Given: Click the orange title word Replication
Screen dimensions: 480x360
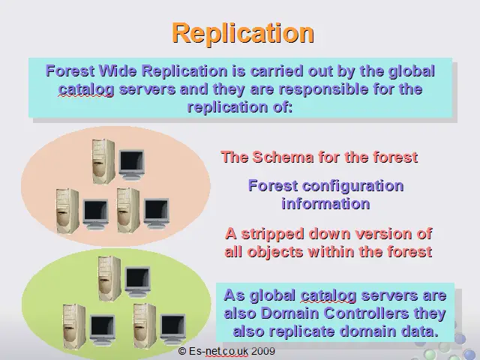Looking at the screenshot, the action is [243, 33].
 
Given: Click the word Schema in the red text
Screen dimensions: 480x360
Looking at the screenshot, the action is [283, 157].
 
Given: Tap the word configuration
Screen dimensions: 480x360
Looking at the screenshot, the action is [352, 187].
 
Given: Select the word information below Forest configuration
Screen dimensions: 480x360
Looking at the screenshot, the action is [325, 204].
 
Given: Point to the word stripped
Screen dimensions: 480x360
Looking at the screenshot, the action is [273, 235].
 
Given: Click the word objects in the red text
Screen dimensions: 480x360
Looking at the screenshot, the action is [275, 252].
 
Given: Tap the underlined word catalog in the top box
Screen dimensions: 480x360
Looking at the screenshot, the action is [86, 90].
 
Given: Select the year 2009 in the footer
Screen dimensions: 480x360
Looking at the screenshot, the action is [263, 351].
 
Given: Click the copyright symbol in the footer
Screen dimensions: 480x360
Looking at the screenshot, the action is [182, 351].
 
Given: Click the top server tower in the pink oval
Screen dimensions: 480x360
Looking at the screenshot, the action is [103, 162].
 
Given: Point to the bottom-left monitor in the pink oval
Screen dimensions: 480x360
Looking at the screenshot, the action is [96, 214].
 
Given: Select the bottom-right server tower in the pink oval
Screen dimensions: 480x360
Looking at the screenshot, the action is [128, 210].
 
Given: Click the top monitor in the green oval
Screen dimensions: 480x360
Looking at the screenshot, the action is [137, 282].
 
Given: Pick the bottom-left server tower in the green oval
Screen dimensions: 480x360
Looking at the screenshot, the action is [74, 326].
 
